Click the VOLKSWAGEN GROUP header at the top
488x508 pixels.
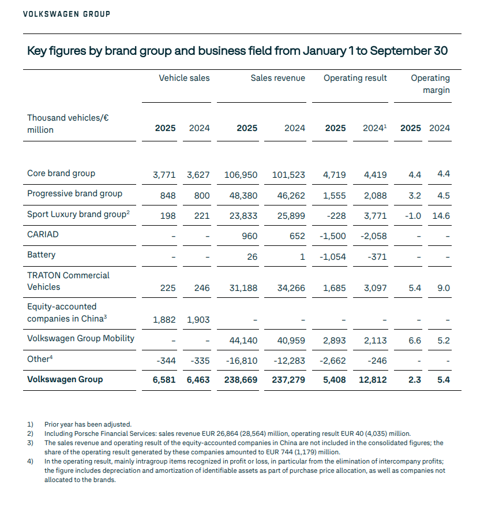tap(66, 13)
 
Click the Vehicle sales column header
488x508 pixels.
tap(184, 78)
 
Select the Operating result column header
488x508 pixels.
tap(355, 78)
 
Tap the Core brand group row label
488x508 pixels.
tap(61, 173)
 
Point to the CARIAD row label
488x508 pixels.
tap(43, 235)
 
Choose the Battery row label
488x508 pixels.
tap(42, 255)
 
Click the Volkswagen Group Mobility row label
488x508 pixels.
tap(81, 338)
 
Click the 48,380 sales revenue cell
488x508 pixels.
tap(243, 195)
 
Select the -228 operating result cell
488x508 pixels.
tap(335, 215)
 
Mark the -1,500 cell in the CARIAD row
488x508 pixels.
tap(333, 236)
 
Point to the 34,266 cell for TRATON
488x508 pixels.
tap(291, 287)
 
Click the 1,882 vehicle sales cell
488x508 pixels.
tap(164, 319)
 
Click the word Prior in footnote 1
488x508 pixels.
tap(52, 424)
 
